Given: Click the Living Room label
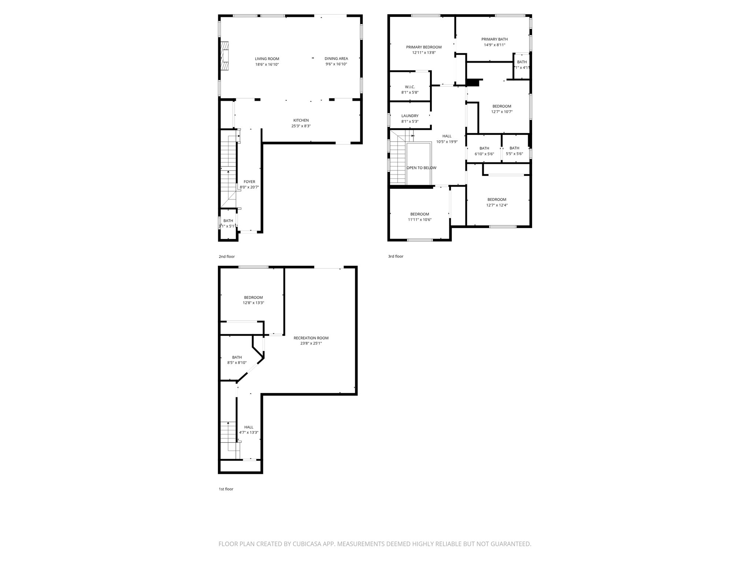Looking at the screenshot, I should pos(267,59).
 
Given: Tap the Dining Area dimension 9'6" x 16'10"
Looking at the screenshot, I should pos(336,64).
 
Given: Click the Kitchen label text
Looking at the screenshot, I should pos(301,120).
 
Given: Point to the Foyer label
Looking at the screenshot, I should pos(249,182).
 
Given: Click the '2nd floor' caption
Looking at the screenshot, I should pos(227,257).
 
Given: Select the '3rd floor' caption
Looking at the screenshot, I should pos(396,257).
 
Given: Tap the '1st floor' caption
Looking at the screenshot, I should pos(226,489).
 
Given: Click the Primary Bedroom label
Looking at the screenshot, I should pos(424,47).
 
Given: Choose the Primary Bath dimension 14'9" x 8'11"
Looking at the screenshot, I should pos(494,45).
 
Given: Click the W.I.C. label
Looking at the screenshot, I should pos(410,87).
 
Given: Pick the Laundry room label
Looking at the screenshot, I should pos(410,116).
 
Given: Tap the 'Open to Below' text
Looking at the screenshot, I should pos(421,168).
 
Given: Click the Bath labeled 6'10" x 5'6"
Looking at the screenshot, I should pos(484,151).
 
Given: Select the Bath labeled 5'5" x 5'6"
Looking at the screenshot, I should pos(514,151).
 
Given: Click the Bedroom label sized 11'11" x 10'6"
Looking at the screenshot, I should pos(419,217).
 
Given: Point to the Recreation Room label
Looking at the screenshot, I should pos(311,338).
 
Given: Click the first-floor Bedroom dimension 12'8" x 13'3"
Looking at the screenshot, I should pos(253,303).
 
